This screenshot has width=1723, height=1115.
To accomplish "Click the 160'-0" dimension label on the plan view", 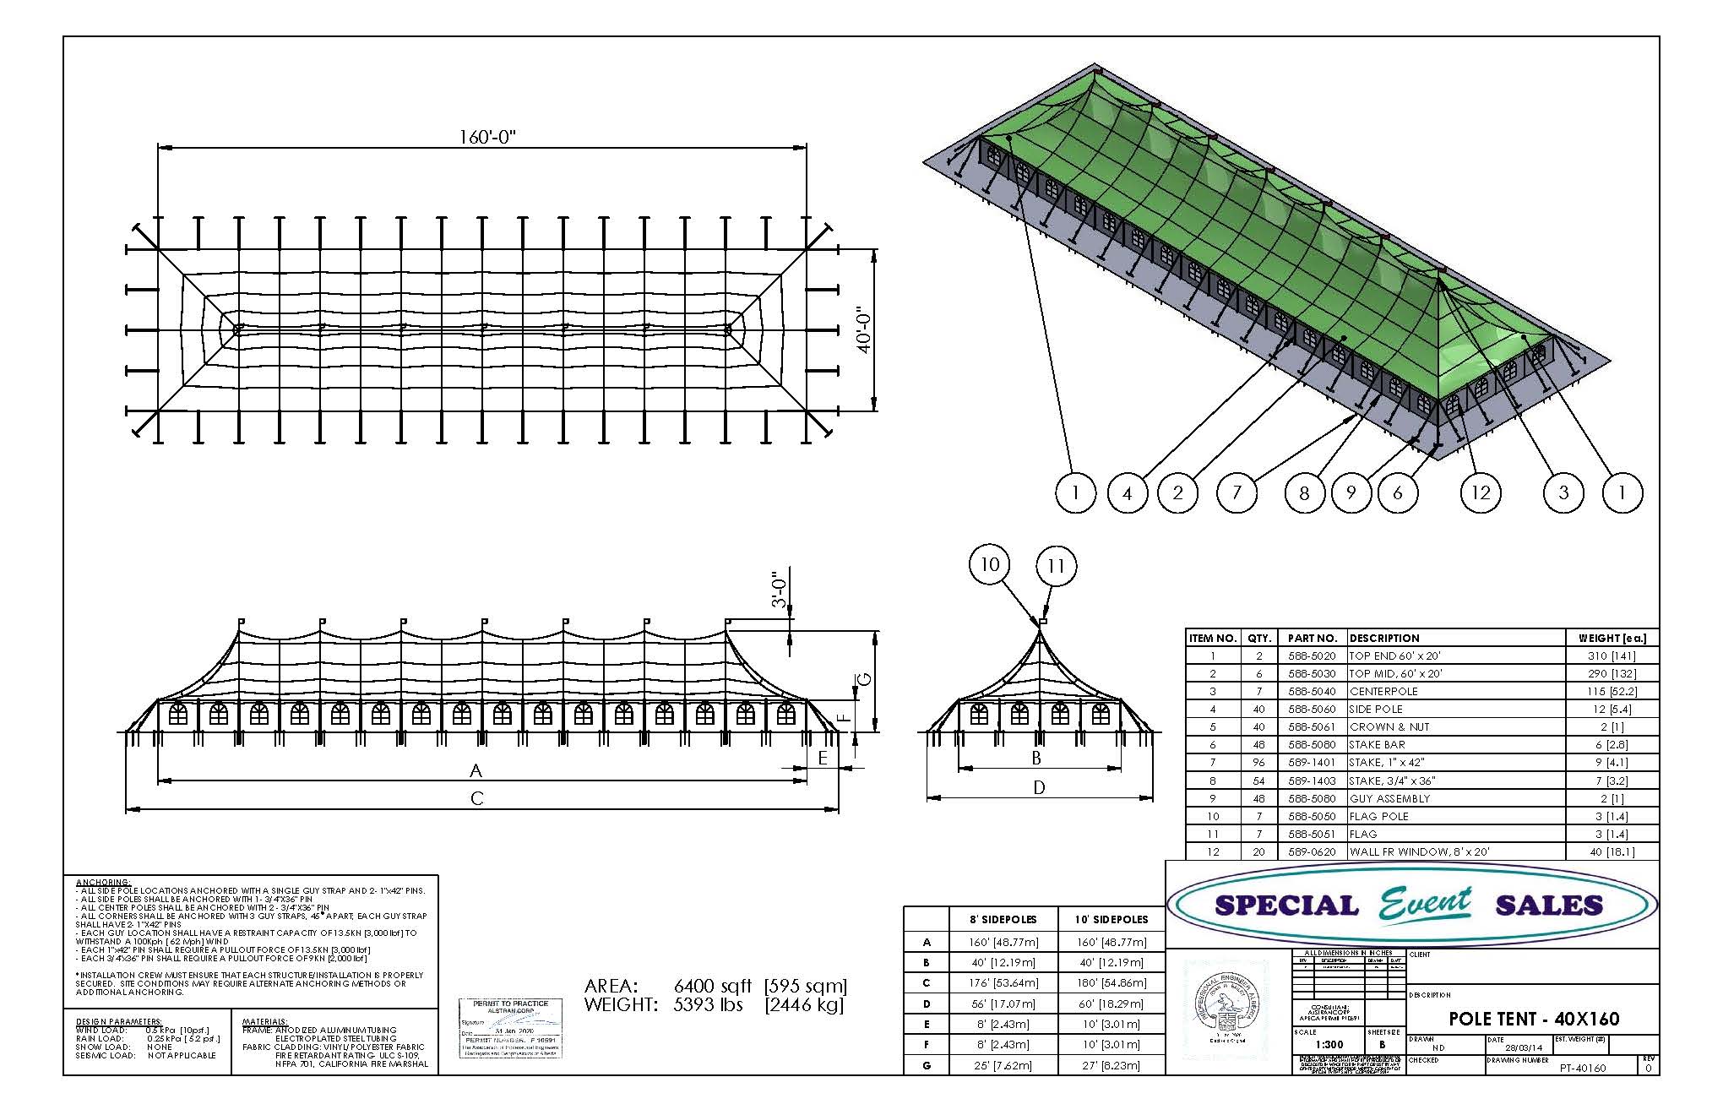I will (487, 137).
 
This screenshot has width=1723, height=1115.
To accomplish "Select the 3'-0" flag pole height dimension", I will (780, 590).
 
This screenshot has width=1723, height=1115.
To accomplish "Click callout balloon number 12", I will (1481, 492).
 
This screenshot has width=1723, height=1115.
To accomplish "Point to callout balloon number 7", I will (1237, 492).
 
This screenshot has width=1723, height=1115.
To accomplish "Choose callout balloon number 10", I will (990, 564).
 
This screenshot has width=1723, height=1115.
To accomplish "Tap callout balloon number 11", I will (1056, 566).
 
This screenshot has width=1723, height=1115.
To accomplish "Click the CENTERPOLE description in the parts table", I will (1383, 691).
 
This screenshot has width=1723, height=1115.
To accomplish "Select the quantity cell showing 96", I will (1258, 763).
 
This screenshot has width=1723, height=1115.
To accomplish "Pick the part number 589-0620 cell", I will (1312, 852).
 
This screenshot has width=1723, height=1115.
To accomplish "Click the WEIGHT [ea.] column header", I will (1612, 639).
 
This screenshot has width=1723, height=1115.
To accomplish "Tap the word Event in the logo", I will (1426, 905).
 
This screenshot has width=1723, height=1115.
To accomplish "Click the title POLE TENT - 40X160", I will (1534, 1019).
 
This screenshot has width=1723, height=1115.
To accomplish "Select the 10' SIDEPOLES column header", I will (1111, 920).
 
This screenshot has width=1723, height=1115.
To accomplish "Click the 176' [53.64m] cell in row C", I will (1004, 983).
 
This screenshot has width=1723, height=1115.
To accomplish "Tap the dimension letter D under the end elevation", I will (1039, 787).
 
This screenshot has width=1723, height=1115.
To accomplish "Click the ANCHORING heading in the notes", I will (103, 883).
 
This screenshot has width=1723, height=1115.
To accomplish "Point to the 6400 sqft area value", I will (712, 987).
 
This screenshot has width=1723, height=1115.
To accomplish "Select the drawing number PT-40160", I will (1582, 1069).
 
